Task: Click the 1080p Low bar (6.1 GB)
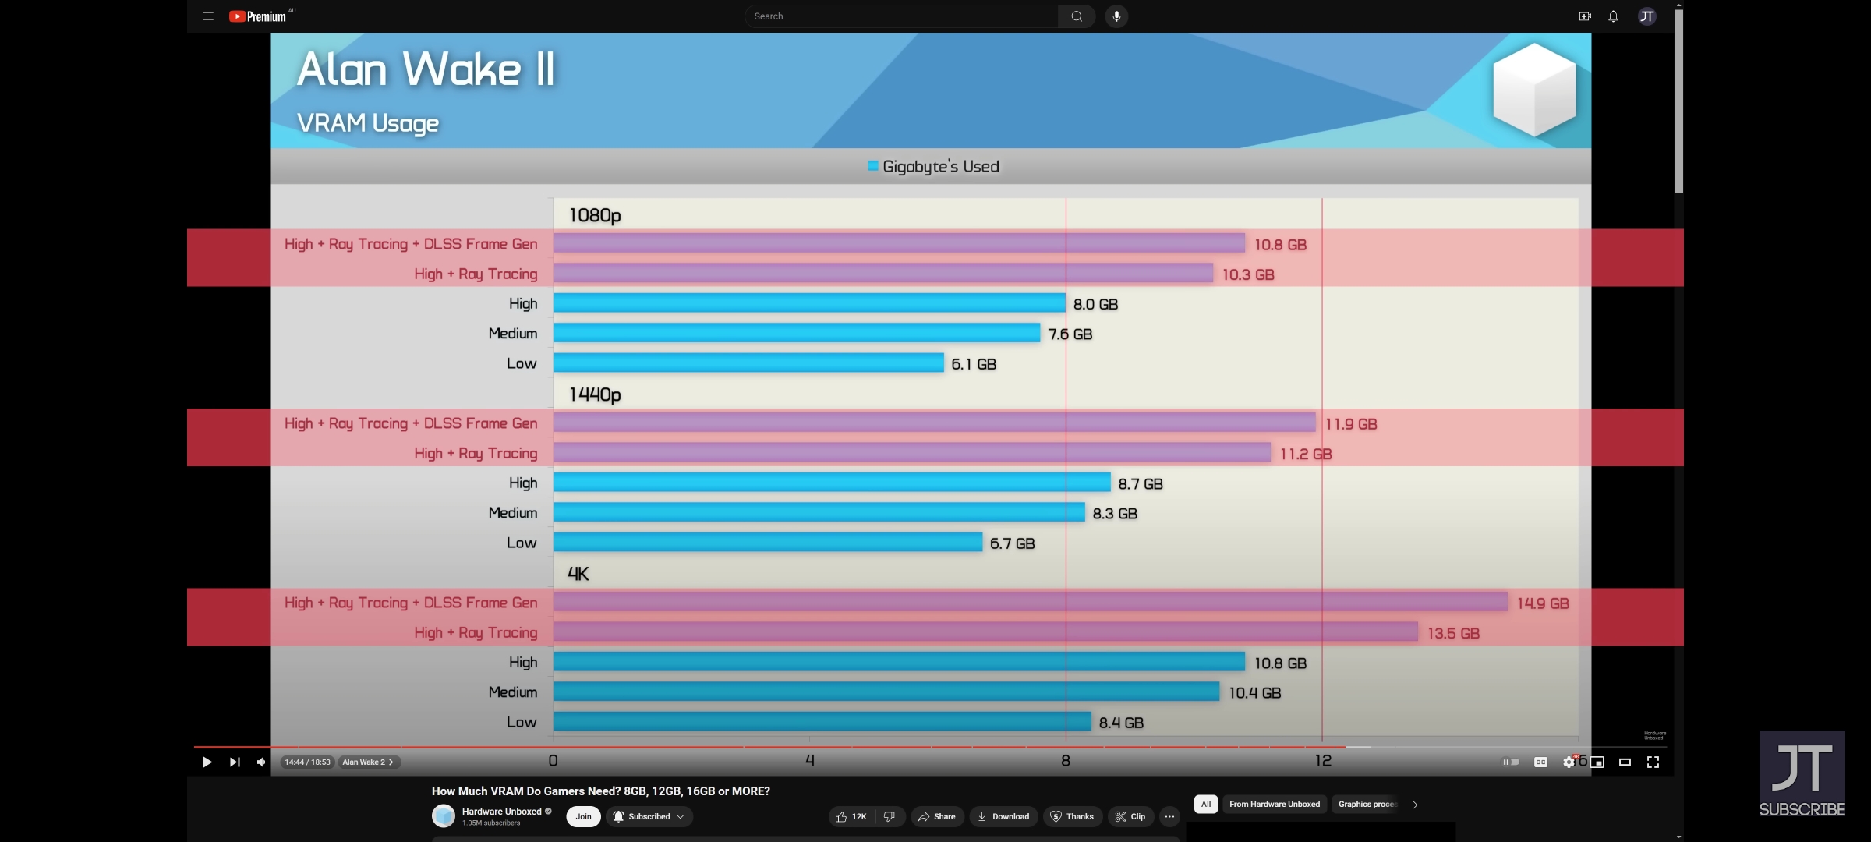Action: [x=748, y=363]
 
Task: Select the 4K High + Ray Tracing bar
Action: [x=985, y=632]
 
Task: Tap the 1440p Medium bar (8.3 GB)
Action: [x=819, y=513]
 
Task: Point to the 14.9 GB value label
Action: [x=1542, y=603]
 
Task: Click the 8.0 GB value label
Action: [x=1095, y=304]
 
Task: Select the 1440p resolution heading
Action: [x=595, y=394]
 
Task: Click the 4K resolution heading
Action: [x=578, y=574]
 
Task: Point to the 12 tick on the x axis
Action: [x=1323, y=761]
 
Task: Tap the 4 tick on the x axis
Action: [x=810, y=761]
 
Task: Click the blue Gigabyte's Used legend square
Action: [x=873, y=166]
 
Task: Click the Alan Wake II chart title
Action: [x=426, y=69]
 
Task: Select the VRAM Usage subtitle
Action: [x=368, y=123]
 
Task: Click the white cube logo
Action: [x=1533, y=90]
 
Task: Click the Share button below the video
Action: [x=936, y=816]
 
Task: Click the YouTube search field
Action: [x=900, y=16]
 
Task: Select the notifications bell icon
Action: [x=1613, y=16]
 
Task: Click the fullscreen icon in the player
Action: [x=1653, y=762]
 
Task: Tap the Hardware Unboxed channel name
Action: [x=501, y=812]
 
